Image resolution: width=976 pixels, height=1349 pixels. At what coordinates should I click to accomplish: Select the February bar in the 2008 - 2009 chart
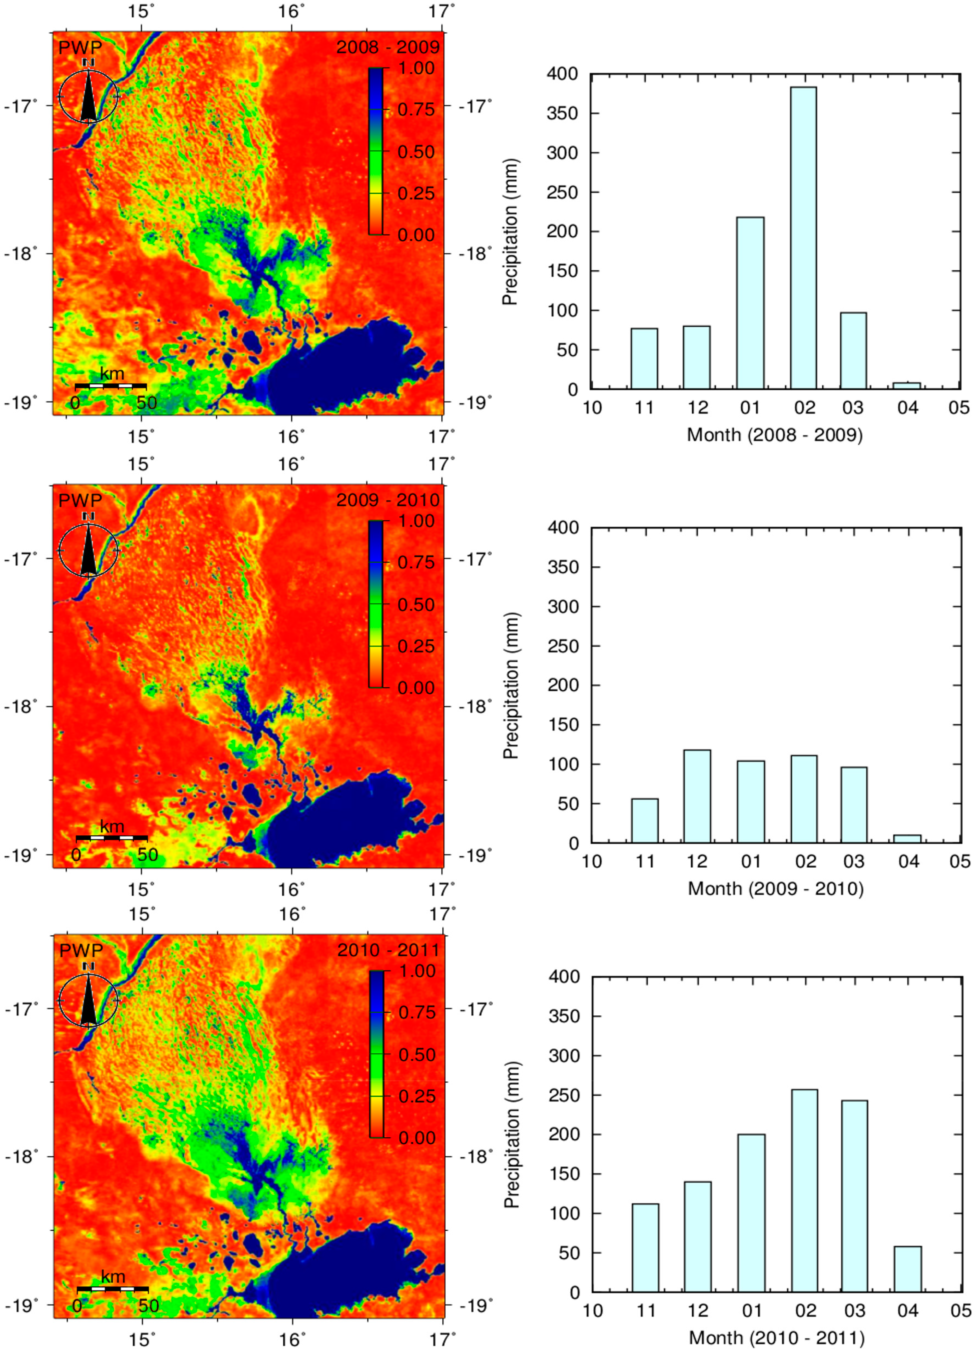tap(803, 238)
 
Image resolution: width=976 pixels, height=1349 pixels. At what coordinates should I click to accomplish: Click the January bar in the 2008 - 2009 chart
tap(750, 303)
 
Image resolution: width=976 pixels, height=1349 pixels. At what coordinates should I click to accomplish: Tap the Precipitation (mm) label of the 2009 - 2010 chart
tap(511, 685)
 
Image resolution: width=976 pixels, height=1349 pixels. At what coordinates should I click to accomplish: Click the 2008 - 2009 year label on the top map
tap(388, 47)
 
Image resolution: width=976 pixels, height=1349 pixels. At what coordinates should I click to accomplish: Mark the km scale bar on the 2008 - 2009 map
tap(111, 386)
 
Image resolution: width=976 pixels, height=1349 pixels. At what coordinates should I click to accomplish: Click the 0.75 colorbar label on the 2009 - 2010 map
tap(416, 562)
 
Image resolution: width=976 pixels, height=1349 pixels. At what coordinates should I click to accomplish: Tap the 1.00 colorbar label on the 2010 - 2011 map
tap(417, 971)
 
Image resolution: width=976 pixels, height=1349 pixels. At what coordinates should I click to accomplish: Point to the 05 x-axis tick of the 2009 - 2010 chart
tap(959, 861)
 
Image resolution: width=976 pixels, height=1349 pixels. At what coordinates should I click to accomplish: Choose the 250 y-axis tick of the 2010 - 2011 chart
tap(564, 1095)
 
